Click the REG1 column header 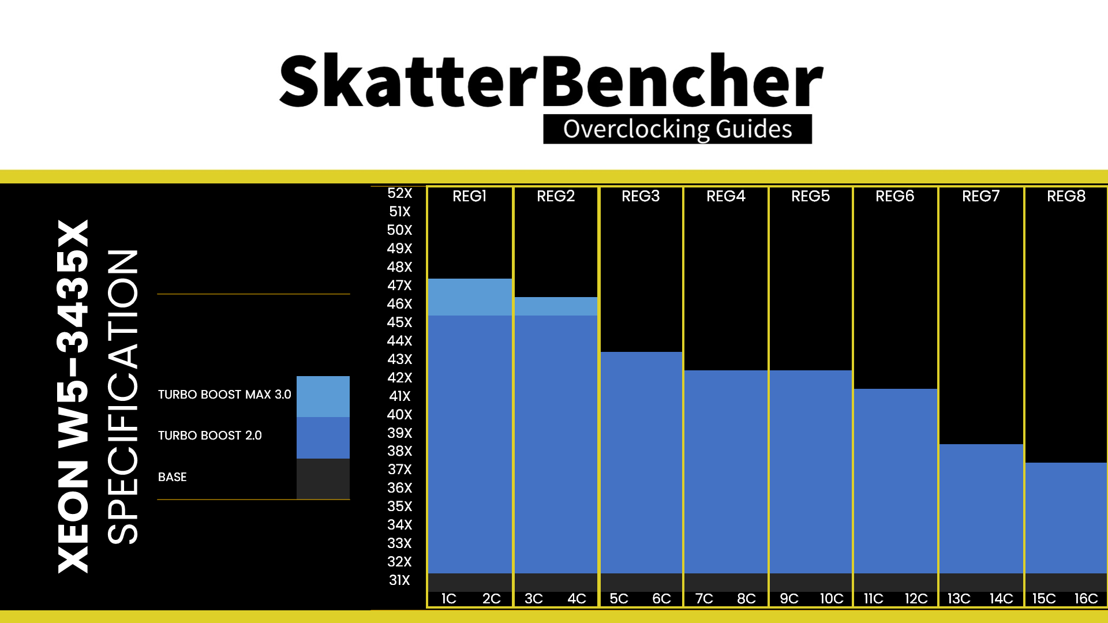point(469,197)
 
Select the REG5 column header point(810,197)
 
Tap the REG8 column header point(1066,197)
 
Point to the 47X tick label point(399,286)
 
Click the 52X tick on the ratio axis point(399,193)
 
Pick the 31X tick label point(399,580)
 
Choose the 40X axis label point(399,415)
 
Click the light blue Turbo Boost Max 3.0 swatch point(323,396)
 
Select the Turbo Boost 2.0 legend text point(210,436)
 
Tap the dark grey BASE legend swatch point(323,479)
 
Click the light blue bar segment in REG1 point(470,297)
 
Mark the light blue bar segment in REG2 point(556,306)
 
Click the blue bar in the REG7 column point(981,508)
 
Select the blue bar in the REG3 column point(641,461)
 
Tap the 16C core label point(1085,599)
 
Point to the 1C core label point(448,599)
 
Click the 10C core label point(831,599)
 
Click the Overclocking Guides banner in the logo point(677,129)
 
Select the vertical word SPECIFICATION point(123,397)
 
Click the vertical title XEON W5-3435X point(73,397)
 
